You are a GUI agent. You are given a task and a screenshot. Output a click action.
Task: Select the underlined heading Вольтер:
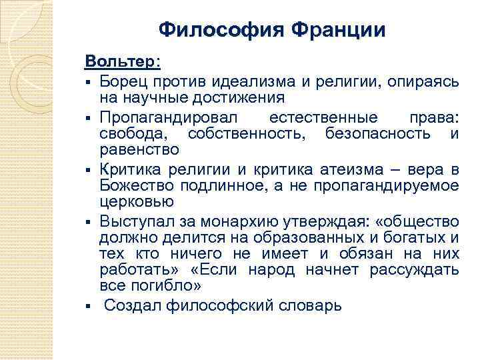(123, 61)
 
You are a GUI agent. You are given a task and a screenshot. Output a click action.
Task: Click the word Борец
(123, 81)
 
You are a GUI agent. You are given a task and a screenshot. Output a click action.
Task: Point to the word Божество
(133, 185)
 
